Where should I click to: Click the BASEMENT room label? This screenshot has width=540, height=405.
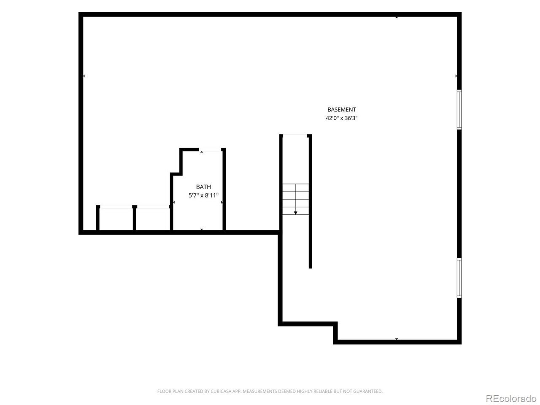[341, 110]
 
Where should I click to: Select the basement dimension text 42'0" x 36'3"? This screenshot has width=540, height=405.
[341, 118]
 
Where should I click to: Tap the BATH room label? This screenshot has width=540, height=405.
[203, 187]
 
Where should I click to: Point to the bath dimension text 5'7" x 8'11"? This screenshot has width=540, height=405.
[203, 195]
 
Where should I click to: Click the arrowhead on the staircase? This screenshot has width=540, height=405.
[295, 213]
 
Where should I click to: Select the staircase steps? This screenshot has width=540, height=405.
[295, 199]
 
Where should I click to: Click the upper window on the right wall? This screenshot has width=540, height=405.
[459, 109]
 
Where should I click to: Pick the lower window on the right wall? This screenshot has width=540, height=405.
[459, 278]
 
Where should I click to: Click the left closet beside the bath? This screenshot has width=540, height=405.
[116, 219]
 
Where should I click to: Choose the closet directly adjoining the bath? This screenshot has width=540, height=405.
[153, 219]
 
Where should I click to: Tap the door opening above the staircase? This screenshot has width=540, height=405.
[295, 136]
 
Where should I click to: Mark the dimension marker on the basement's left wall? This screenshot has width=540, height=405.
[84, 76]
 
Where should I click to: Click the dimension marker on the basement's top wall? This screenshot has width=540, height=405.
[397, 17]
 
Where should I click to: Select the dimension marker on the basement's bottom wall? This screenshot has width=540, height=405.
[397, 339]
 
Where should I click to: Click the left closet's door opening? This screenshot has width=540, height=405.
[116, 207]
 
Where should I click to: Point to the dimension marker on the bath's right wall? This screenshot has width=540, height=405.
[222, 202]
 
